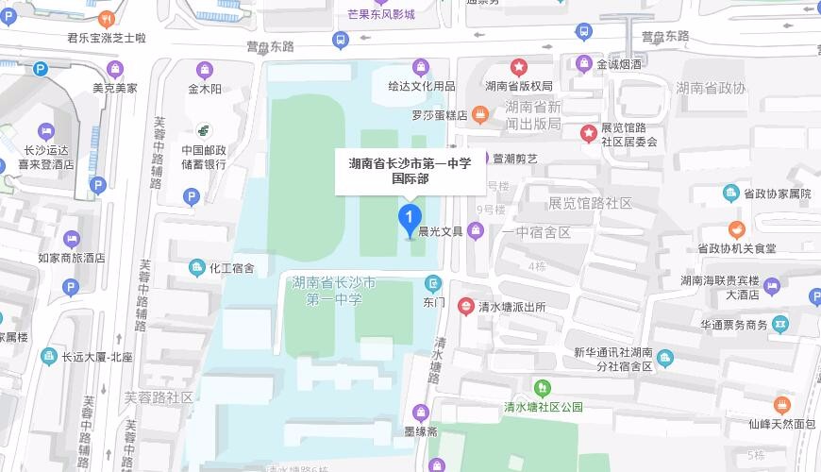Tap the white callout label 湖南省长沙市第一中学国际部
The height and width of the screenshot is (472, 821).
410,170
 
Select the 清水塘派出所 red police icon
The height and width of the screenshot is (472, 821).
466,307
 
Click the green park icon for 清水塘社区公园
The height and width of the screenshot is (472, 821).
542,387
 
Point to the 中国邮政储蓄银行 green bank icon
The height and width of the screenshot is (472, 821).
204,130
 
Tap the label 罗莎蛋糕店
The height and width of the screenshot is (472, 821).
440,115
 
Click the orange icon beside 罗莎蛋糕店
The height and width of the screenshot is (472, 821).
480,115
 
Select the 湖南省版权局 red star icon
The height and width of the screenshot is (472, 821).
518,67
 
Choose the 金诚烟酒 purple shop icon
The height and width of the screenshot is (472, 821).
584,64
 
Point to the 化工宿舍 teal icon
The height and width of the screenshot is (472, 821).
196,267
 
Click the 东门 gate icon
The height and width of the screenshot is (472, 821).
433,283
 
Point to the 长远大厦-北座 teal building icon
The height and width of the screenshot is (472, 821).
49,357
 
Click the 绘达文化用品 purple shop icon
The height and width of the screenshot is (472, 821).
421,67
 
